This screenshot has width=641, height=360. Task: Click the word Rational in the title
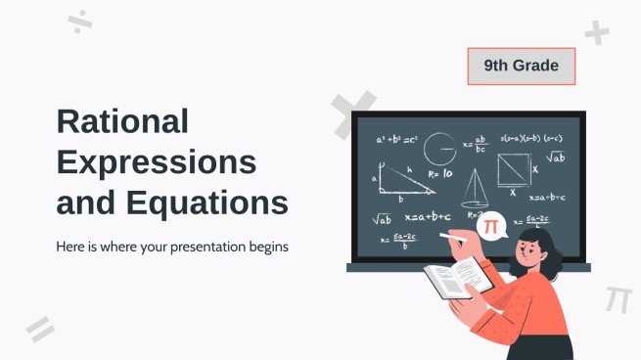(122, 122)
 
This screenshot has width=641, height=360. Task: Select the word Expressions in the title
(157, 162)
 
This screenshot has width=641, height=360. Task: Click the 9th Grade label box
(521, 67)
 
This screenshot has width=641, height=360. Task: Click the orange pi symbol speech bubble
(490, 227)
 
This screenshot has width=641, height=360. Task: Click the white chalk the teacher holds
(451, 235)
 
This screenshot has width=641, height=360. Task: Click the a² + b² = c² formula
(395, 139)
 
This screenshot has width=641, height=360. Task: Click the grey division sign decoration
(81, 23)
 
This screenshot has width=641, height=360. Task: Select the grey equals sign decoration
(40, 328)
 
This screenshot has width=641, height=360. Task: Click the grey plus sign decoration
(596, 33)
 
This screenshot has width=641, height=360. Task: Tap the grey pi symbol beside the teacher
(618, 297)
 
